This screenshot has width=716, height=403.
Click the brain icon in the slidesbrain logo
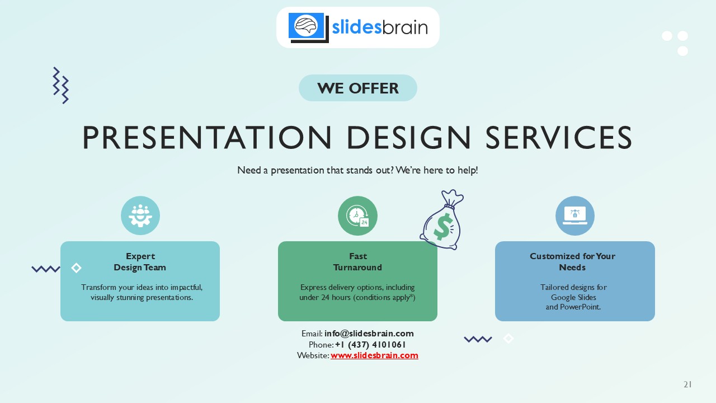tap(306, 26)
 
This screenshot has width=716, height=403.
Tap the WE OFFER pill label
tap(358, 88)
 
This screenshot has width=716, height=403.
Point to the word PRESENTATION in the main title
tap(206, 138)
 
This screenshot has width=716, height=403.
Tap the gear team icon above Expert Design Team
tap(140, 215)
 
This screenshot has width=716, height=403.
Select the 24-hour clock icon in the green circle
tap(357, 215)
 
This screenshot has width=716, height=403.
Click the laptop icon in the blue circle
tap(574, 215)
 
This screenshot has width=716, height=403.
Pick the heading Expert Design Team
tap(140, 262)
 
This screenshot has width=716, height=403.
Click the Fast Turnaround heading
tap(357, 262)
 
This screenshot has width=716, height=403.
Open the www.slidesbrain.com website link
tap(374, 355)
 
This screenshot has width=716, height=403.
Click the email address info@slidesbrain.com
tap(369, 334)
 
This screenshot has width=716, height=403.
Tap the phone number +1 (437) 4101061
tap(370, 345)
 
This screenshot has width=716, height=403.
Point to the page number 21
tap(687, 385)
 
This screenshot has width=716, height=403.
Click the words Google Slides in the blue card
tap(573, 297)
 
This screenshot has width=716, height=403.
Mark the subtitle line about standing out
tap(357, 170)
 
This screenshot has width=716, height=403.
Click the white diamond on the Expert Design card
tap(77, 268)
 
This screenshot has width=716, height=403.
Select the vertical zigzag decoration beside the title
tap(60, 85)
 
